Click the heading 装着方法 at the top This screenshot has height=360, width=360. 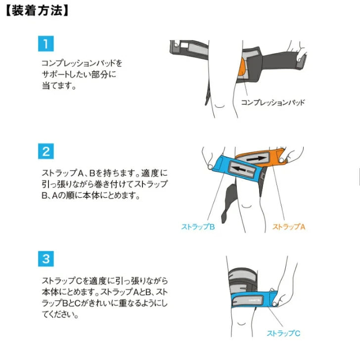click(37, 11)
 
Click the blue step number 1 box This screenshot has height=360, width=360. click(46, 44)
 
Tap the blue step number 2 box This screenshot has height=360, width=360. click(46, 151)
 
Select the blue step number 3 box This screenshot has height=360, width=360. click(46, 259)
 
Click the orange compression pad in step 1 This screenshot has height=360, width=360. click(241, 67)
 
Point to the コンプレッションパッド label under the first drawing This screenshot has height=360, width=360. click(273, 102)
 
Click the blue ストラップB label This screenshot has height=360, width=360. click(198, 227)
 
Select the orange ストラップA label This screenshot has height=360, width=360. click(289, 227)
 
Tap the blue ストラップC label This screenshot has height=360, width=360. click(283, 333)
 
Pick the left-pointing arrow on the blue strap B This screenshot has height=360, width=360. click(239, 170)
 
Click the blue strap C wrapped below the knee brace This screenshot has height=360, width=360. click(254, 299)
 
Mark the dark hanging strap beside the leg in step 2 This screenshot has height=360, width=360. click(228, 203)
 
